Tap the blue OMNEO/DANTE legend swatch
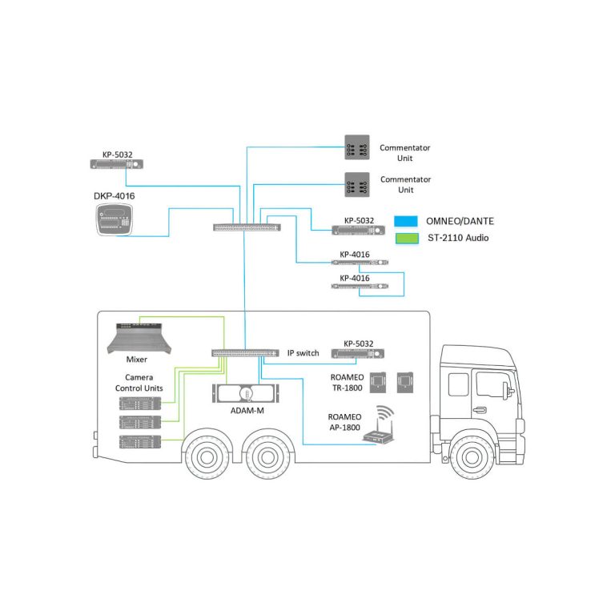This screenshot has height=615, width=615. click(x=408, y=221)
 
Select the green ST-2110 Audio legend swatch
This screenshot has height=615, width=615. click(x=408, y=238)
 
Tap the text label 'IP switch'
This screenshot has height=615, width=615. click(x=303, y=353)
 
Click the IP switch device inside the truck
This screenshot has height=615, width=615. click(x=246, y=352)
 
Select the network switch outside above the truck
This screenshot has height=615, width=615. click(x=247, y=227)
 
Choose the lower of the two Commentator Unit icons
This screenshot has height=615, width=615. click(x=356, y=184)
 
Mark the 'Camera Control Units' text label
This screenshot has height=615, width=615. click(x=144, y=382)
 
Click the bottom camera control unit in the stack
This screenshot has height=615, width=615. click(x=141, y=442)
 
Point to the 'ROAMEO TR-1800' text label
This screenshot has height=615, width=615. click(x=346, y=381)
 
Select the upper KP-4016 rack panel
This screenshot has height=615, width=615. click(x=360, y=263)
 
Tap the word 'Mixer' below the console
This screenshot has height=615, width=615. click(x=136, y=360)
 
